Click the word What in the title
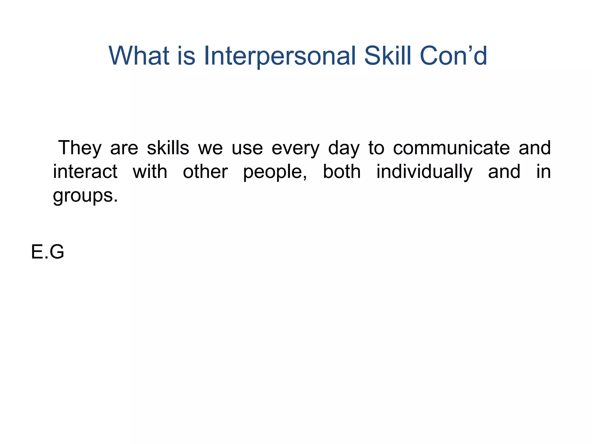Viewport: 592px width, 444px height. (139, 55)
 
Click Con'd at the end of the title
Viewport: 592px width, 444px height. (453, 55)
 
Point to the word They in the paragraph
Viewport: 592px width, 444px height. (80, 148)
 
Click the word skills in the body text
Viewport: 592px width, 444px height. (168, 148)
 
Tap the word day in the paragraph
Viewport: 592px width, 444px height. (344, 148)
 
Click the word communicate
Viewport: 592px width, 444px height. (452, 148)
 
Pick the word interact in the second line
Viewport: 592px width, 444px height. (85, 172)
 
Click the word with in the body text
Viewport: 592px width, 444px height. (150, 172)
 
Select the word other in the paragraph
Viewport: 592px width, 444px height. (205, 172)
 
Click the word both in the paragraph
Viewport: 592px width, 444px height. (342, 172)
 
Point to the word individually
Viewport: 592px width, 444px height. (424, 172)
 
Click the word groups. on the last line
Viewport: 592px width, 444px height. (85, 196)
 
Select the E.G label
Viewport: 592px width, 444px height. (47, 251)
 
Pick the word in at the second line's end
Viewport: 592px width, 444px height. (543, 172)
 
